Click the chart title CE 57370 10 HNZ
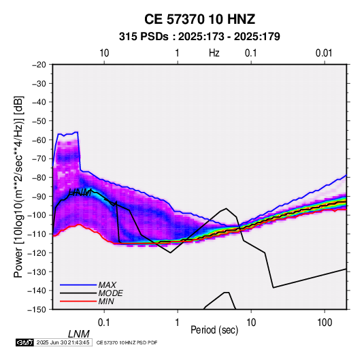(x=199, y=19)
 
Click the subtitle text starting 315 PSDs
(x=199, y=37)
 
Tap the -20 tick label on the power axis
(x=39, y=65)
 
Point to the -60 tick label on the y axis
(x=39, y=140)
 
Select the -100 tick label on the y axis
(x=37, y=215)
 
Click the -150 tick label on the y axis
(x=37, y=310)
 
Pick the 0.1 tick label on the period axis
(x=104, y=322)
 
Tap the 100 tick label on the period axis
(x=325, y=322)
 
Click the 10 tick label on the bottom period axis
(x=251, y=322)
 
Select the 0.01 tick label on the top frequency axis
(x=324, y=53)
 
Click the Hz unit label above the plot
(x=214, y=53)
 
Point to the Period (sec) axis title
(x=214, y=330)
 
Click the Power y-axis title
(x=18, y=186)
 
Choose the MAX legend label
(x=107, y=284)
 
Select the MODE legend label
(x=110, y=293)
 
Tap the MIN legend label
(x=106, y=301)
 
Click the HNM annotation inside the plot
(x=80, y=193)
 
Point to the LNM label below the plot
(x=79, y=334)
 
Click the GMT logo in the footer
(x=24, y=342)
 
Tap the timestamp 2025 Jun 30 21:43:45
(x=63, y=342)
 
